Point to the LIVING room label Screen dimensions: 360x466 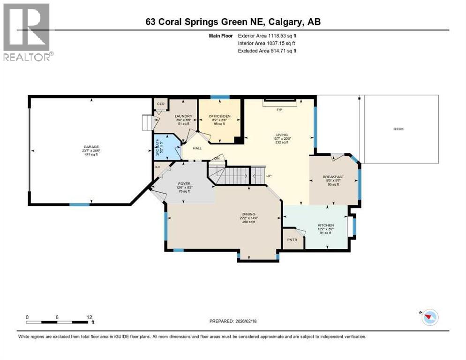282,135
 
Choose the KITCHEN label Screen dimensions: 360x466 326,225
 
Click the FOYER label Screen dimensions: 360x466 183,183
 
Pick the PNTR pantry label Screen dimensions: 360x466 291,240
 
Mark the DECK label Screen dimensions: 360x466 398,129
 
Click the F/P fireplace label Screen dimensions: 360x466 279,110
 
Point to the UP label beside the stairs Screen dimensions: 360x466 269,176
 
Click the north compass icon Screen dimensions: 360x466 429,317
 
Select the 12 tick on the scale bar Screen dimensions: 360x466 90,317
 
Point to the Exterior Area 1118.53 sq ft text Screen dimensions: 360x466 267,35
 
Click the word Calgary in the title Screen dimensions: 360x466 286,22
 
